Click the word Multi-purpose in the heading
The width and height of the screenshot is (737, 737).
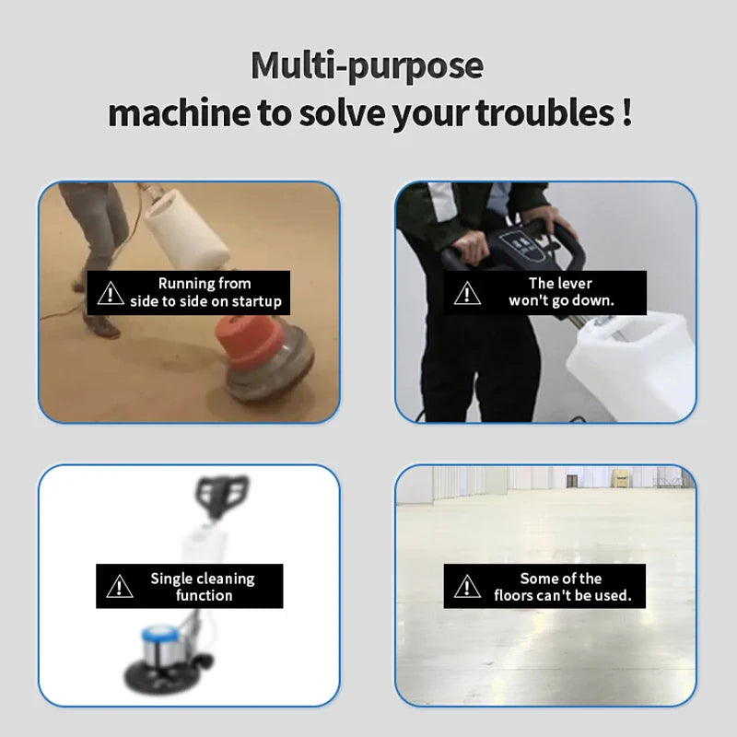pos(367,65)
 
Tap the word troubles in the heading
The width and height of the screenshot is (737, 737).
pos(544,112)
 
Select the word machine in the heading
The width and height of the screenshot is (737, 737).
pos(179,113)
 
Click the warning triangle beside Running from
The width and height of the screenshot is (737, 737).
pos(111,293)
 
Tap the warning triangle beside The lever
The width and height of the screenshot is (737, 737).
pos(467,293)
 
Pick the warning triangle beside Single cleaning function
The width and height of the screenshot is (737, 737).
pos(120,586)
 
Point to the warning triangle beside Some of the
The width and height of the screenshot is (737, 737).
pos(467,586)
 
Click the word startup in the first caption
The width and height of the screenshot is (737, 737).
pos(257,302)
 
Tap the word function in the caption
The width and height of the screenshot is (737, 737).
pos(204,595)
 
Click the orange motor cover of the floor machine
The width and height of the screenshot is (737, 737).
pos(249,341)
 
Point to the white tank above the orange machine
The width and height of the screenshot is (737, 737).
pos(186,228)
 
